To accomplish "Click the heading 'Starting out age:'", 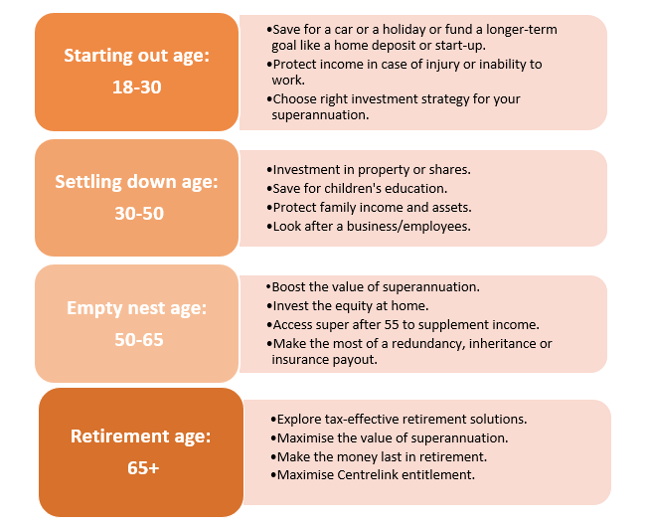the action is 136,56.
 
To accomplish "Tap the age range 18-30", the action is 136,87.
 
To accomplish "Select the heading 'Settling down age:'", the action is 136,182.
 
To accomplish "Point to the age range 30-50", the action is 139,214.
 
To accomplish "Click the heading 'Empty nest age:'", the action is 136,308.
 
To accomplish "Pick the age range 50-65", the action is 139,340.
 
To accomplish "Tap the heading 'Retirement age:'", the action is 141,436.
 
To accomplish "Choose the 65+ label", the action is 143,468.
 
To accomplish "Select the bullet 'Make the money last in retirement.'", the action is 379,456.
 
